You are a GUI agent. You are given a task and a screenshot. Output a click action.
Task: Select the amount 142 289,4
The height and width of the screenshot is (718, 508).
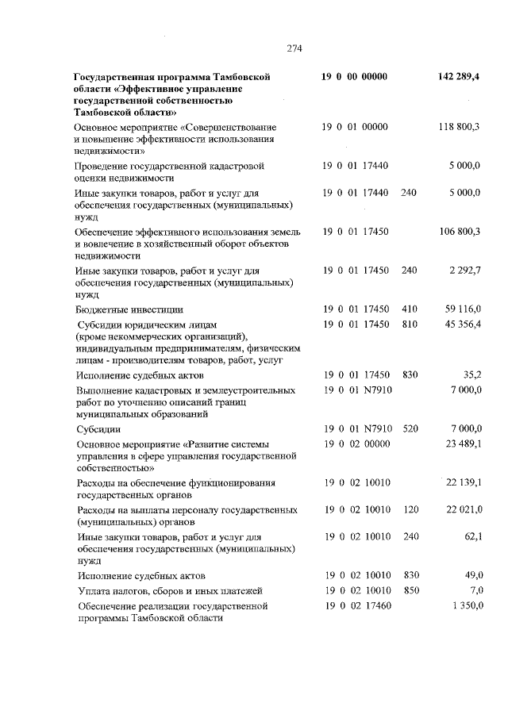[x=458, y=77]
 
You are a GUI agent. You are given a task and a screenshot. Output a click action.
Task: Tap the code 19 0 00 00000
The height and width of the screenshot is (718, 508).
[x=354, y=77]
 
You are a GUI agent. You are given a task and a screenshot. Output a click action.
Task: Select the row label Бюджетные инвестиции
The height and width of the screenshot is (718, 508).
[x=129, y=309]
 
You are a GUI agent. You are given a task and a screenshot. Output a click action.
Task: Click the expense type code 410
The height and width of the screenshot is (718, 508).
[x=410, y=309]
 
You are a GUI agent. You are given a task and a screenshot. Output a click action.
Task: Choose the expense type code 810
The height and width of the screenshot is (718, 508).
[x=410, y=324]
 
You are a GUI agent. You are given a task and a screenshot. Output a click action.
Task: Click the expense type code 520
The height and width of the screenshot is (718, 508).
[x=410, y=428]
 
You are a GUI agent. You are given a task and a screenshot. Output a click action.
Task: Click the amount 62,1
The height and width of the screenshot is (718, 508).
[x=472, y=536]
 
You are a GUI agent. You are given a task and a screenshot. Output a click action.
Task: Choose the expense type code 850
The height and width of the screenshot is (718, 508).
[x=410, y=590]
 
